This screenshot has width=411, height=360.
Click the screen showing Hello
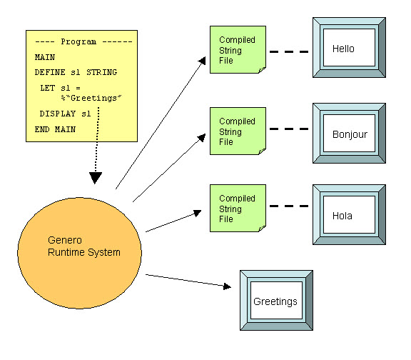350,49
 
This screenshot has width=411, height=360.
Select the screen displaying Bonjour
350,134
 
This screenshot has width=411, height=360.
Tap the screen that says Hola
350,214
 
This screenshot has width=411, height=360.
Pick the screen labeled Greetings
276,301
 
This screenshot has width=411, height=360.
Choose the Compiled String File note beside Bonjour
237,131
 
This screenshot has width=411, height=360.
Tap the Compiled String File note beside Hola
237,209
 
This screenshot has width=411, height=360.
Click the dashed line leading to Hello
289,51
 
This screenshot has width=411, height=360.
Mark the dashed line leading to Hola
289,207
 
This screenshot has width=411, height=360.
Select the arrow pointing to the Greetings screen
189,281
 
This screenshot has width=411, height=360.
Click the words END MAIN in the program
55,129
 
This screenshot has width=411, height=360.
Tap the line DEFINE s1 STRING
76,72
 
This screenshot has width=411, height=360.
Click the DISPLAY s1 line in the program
66,114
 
